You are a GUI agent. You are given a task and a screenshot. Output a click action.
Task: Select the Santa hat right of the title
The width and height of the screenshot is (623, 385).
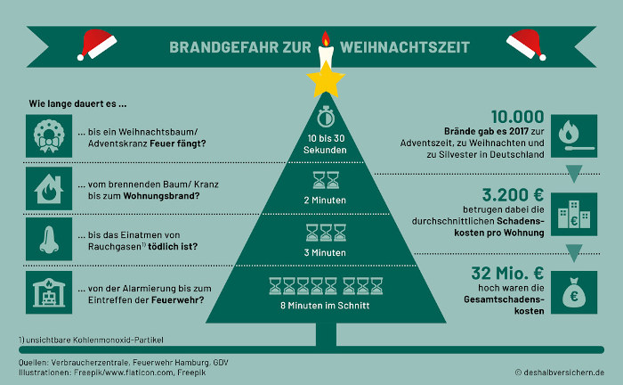[525, 45]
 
